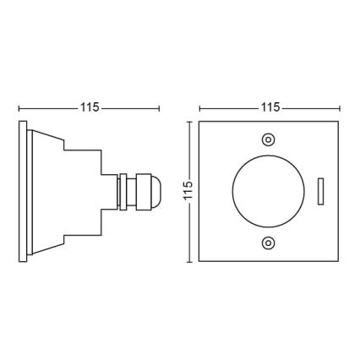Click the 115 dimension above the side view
click(89, 108)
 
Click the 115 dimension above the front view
click(270, 108)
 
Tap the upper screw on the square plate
click(269, 139)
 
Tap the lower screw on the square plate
click(269, 243)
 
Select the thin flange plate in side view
click(22, 192)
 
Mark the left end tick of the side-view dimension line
click(19, 108)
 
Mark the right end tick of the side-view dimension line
click(159, 108)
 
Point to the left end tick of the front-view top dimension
click(199, 108)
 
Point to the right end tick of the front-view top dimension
click(340, 108)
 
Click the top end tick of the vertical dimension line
click(188, 122)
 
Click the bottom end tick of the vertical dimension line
click(188, 261)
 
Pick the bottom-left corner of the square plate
click(200, 260)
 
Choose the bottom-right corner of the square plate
click(339, 260)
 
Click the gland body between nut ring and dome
click(135, 191)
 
